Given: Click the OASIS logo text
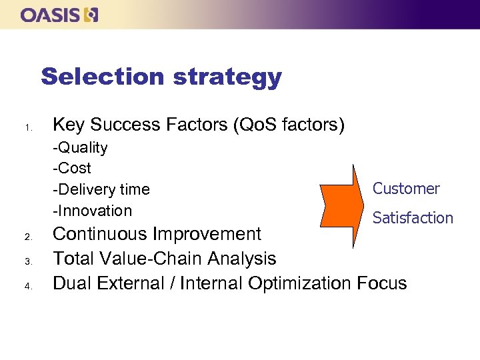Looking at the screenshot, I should (50, 15).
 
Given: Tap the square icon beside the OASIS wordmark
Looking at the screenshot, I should (91, 15).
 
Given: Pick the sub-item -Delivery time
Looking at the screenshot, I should (101, 189).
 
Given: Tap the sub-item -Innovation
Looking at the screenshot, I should (93, 211).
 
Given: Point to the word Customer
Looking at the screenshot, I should (406, 189).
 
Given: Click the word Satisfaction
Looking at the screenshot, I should (413, 218).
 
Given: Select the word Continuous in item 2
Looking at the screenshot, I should (100, 235).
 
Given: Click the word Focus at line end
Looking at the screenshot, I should (381, 283).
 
